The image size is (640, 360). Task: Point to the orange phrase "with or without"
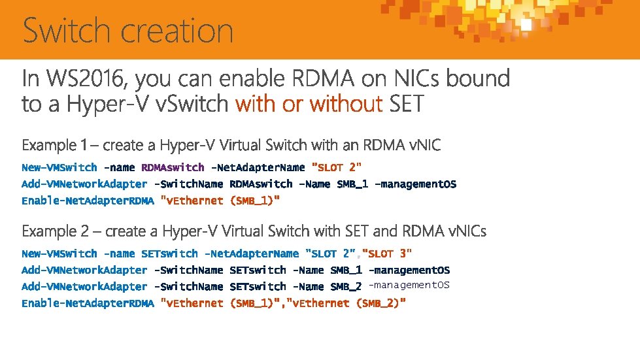[309, 103]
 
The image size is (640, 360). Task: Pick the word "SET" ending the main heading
[406, 103]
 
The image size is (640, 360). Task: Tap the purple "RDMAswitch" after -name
[173, 168]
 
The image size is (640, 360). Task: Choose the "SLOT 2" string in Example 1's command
[337, 168]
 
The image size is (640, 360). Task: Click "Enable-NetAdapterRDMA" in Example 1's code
[88, 201]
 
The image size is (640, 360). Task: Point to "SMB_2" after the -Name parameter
[346, 286]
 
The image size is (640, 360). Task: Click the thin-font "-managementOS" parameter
[409, 285]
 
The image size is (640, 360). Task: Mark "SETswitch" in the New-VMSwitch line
[169, 254]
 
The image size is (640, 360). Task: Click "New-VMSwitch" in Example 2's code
[59, 254]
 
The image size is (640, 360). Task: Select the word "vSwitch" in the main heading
[195, 103]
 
